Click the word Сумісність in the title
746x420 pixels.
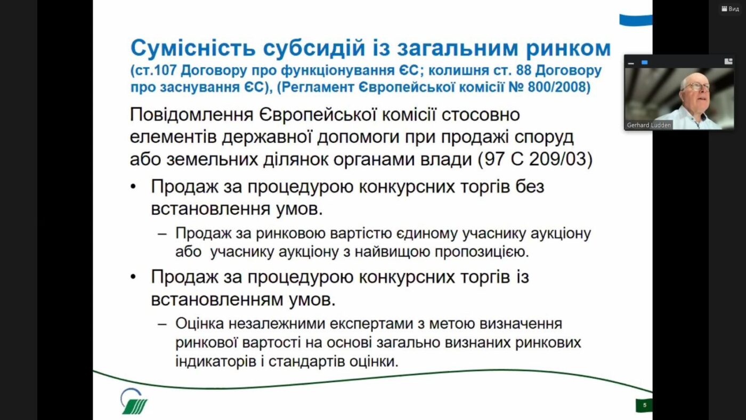pos(193,49)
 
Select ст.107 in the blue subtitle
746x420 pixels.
pos(155,70)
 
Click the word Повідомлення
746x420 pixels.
pos(191,115)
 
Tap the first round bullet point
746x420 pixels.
pos(133,187)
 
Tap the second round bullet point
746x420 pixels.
pos(133,277)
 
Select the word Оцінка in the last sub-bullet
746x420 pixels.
pos(199,324)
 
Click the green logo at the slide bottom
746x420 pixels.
pos(134,401)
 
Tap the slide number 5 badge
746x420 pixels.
pos(644,406)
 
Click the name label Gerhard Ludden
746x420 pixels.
pos(648,125)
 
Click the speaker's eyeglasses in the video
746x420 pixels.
pos(698,87)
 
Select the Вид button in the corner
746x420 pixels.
pos(730,9)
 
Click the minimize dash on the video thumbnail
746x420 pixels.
pos(631,63)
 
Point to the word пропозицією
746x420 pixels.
pos(482,252)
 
